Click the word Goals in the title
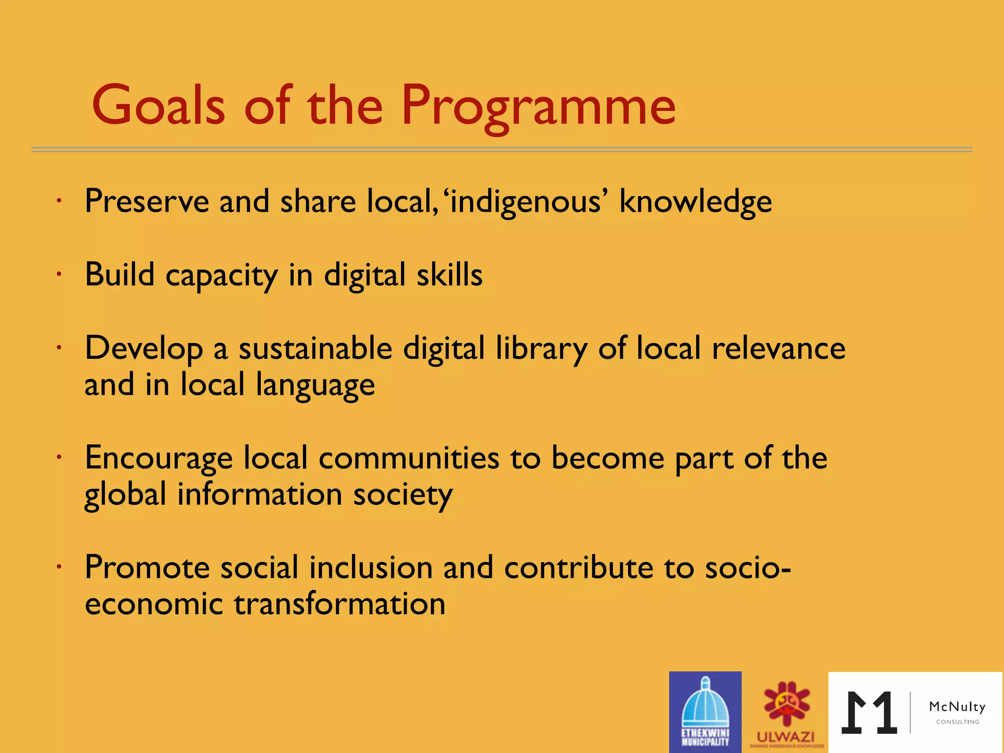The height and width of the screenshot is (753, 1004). (158, 105)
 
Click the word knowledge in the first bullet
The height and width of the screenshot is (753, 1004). (695, 201)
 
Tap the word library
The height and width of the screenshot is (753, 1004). (541, 349)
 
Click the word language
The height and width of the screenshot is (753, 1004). (315, 385)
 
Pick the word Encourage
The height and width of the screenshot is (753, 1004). (158, 458)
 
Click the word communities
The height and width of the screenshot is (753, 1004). (409, 458)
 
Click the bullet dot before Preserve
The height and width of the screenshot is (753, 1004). (58, 201)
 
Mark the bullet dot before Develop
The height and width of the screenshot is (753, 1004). (58, 348)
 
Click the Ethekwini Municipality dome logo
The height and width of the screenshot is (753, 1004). (705, 711)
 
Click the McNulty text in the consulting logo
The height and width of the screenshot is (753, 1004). (957, 706)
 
